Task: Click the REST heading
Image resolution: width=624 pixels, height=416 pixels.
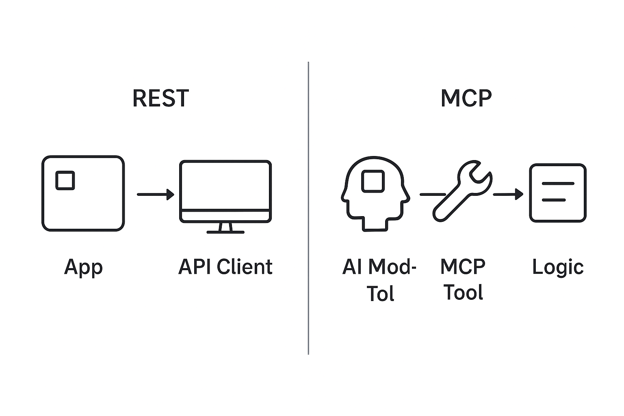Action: click(x=160, y=98)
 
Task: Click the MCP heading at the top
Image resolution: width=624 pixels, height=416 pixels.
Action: click(x=466, y=98)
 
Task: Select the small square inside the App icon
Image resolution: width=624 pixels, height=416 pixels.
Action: click(x=65, y=180)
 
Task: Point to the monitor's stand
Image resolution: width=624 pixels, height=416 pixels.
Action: click(x=225, y=228)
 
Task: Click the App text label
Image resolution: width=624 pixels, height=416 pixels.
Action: click(x=83, y=267)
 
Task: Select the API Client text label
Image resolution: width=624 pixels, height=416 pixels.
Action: click(x=225, y=267)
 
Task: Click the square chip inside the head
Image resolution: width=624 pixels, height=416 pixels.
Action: click(x=373, y=181)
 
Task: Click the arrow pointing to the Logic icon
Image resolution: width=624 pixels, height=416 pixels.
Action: click(x=508, y=195)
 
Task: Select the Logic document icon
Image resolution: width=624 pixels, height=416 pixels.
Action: click(x=557, y=193)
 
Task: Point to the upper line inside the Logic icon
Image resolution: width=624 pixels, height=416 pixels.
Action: click(x=558, y=184)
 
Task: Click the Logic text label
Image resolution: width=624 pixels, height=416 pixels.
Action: click(x=557, y=267)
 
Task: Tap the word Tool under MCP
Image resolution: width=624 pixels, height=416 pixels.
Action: click(x=463, y=292)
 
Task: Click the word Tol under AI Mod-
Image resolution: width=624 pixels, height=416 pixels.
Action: click(x=380, y=294)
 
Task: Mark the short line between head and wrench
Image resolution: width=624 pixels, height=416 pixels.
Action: click(x=431, y=195)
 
